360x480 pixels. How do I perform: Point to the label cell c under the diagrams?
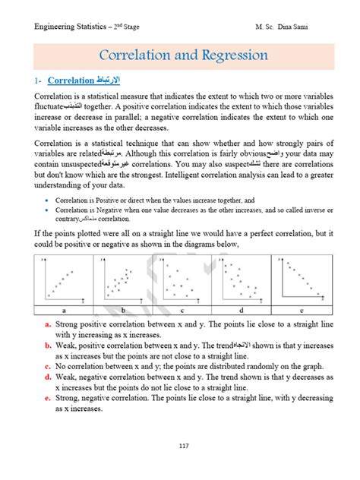coord(181,310)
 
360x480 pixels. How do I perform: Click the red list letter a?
coord(48,324)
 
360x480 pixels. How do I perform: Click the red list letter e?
coord(48,398)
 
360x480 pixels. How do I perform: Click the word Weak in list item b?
coord(66,346)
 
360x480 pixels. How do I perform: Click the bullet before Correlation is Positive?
coord(48,199)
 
